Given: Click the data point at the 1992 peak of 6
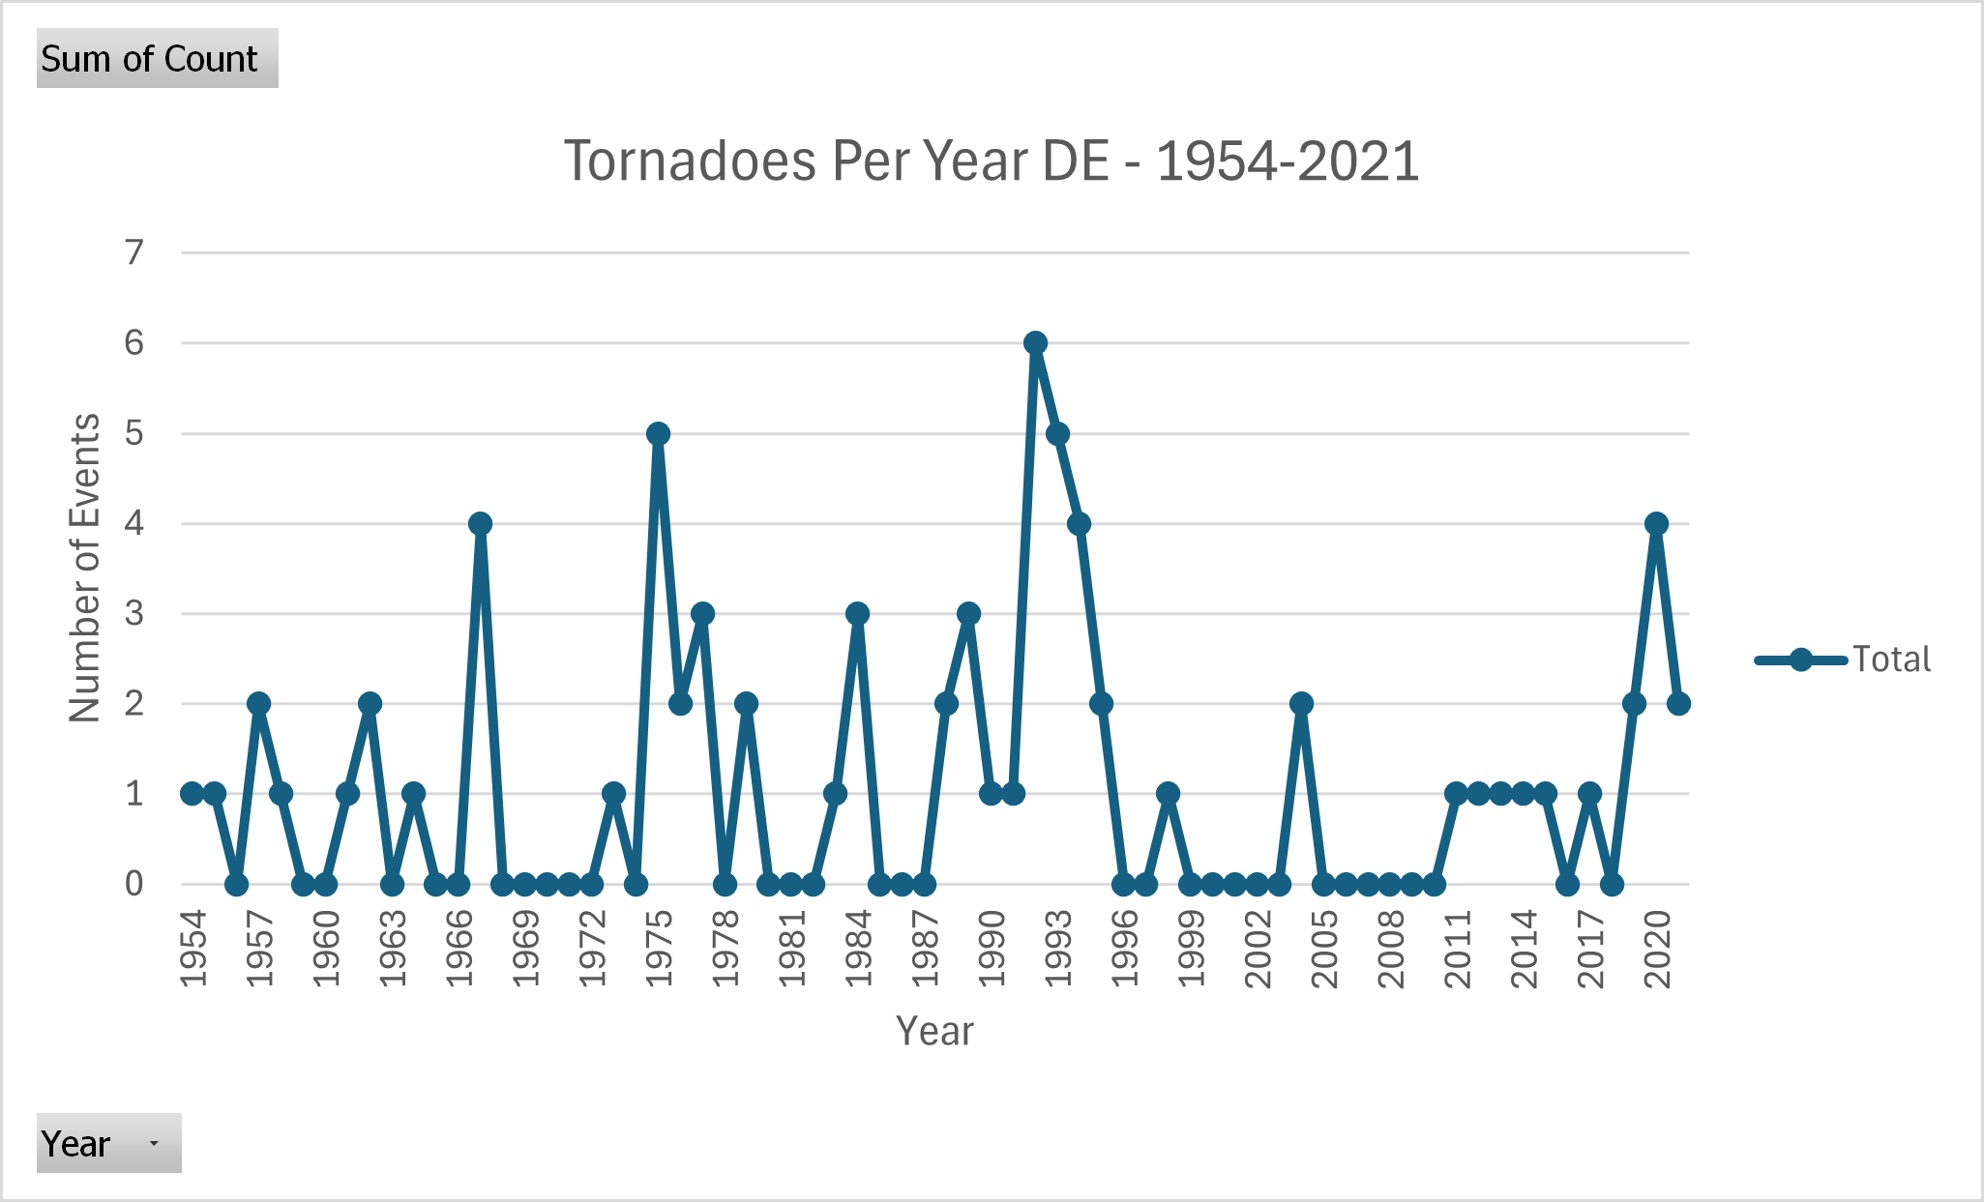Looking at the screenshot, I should [1035, 343].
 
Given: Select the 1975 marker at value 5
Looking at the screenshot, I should [658, 433].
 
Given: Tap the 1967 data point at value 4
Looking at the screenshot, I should [480, 524].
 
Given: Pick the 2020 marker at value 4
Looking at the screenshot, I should [1656, 524].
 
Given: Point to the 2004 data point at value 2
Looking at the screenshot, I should [1301, 704].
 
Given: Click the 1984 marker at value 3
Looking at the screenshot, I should [857, 614].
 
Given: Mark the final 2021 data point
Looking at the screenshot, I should [1678, 704].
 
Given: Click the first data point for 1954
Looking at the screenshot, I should [192, 794].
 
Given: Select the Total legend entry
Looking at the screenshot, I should [1843, 660].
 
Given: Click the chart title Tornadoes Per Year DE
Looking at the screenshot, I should [991, 161].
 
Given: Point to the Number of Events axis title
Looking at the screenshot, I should [85, 569].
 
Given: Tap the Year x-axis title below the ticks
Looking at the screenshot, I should [934, 1031].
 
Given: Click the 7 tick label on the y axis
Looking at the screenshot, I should [134, 253].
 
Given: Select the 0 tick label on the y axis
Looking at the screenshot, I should [134, 884].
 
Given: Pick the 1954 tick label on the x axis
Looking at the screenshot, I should [194, 948].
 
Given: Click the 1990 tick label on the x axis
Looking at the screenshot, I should [992, 948].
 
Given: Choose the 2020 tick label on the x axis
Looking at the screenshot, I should [1658, 948].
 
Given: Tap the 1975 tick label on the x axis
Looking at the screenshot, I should [660, 948].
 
